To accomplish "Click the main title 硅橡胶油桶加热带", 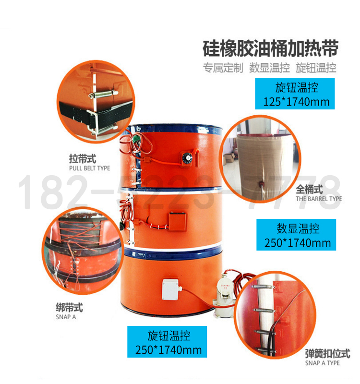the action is (x=270, y=48).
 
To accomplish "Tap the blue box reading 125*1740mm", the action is (x=295, y=94).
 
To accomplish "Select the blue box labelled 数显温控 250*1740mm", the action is (x=296, y=235).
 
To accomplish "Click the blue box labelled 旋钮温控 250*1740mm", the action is (x=167, y=342).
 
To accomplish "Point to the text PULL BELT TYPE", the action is (x=90, y=168).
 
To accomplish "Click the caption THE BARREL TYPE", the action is (x=319, y=199).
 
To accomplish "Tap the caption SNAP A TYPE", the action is (x=322, y=363).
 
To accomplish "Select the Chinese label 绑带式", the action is (x=70, y=307).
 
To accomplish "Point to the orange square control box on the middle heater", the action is (x=177, y=221).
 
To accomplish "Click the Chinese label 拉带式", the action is (x=83, y=159).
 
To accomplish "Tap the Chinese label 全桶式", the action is (x=309, y=189).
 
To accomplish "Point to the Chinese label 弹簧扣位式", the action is (x=328, y=354).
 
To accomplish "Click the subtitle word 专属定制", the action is (x=223, y=68).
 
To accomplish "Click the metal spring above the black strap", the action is (x=103, y=94).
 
